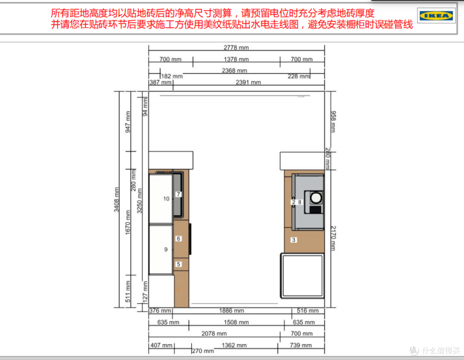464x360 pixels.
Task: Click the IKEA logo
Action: (436, 15)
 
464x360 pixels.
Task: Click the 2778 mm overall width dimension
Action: (236, 47)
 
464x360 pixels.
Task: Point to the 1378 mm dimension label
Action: (236, 59)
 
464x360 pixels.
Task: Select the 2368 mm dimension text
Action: (235, 70)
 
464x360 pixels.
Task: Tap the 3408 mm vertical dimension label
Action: (116, 200)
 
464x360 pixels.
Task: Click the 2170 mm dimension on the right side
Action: (333, 238)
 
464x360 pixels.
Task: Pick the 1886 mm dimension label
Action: (232, 311)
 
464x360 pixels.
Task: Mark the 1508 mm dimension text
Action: (236, 322)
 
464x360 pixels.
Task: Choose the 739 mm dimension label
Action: (301, 345)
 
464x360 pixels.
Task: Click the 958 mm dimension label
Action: (333, 121)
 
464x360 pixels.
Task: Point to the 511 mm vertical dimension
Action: (128, 291)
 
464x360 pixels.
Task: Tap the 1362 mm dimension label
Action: (234, 345)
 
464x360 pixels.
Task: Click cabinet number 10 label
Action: (166, 199)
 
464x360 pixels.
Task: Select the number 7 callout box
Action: (178, 194)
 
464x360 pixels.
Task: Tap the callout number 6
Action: (178, 238)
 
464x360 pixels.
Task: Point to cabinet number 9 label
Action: (166, 249)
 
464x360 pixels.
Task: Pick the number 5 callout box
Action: (178, 264)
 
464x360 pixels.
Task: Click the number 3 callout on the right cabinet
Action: (293, 240)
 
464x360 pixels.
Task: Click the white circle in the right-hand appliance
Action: (316, 197)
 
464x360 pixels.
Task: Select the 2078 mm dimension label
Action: (214, 334)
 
